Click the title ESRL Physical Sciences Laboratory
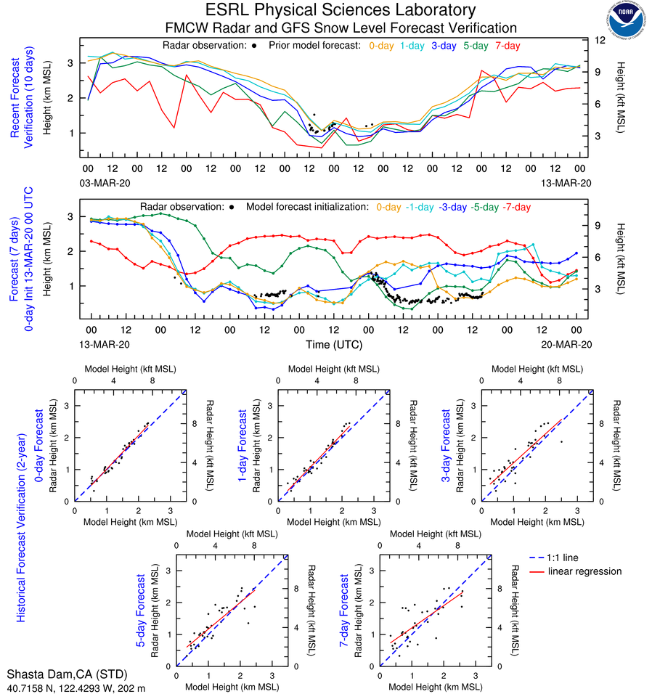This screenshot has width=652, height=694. pyautogui.click(x=341, y=10)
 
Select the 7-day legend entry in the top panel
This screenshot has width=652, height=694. pyautogui.click(x=508, y=46)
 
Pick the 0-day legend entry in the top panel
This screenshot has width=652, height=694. pyautogui.click(x=383, y=46)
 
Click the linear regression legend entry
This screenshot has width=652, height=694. pyautogui.click(x=584, y=571)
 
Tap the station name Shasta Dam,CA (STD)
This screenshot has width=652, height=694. pyautogui.click(x=57, y=673)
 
